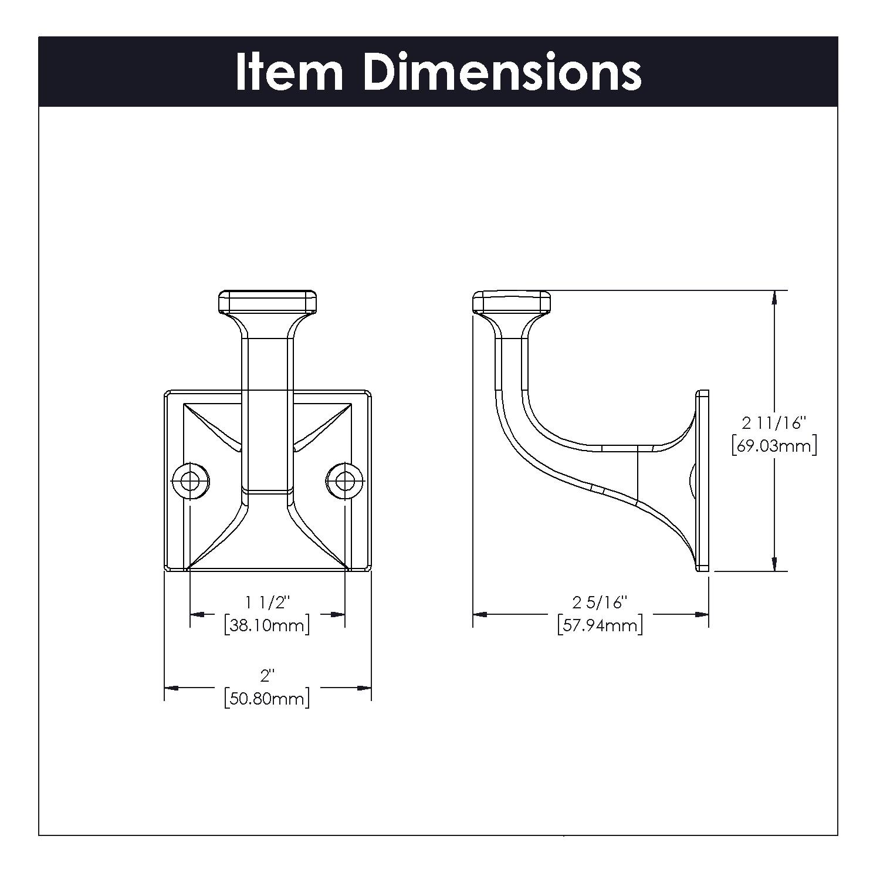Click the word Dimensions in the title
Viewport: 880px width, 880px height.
(x=502, y=72)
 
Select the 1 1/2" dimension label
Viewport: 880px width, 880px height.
(x=268, y=602)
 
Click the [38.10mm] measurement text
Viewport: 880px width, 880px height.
(x=267, y=625)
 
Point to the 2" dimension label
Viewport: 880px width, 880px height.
(x=268, y=676)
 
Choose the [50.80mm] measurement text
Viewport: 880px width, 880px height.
(x=267, y=699)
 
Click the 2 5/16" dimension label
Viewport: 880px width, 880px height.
(x=600, y=602)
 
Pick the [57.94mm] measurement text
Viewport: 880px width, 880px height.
(x=600, y=625)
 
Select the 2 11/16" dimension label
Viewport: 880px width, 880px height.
(x=774, y=422)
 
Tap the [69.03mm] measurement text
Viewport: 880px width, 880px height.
(x=774, y=446)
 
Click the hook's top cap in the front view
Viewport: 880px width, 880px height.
(x=268, y=302)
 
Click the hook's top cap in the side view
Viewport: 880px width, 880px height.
(x=511, y=302)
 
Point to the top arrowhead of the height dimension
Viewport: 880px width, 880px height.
(x=774, y=297)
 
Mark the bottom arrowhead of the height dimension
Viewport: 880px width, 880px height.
(x=774, y=564)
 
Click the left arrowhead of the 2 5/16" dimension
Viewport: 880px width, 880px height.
(x=480, y=614)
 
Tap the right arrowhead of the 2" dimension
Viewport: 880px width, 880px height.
(x=364, y=688)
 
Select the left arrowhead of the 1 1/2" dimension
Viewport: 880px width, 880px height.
(x=197, y=614)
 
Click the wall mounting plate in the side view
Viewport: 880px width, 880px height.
(x=702, y=480)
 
